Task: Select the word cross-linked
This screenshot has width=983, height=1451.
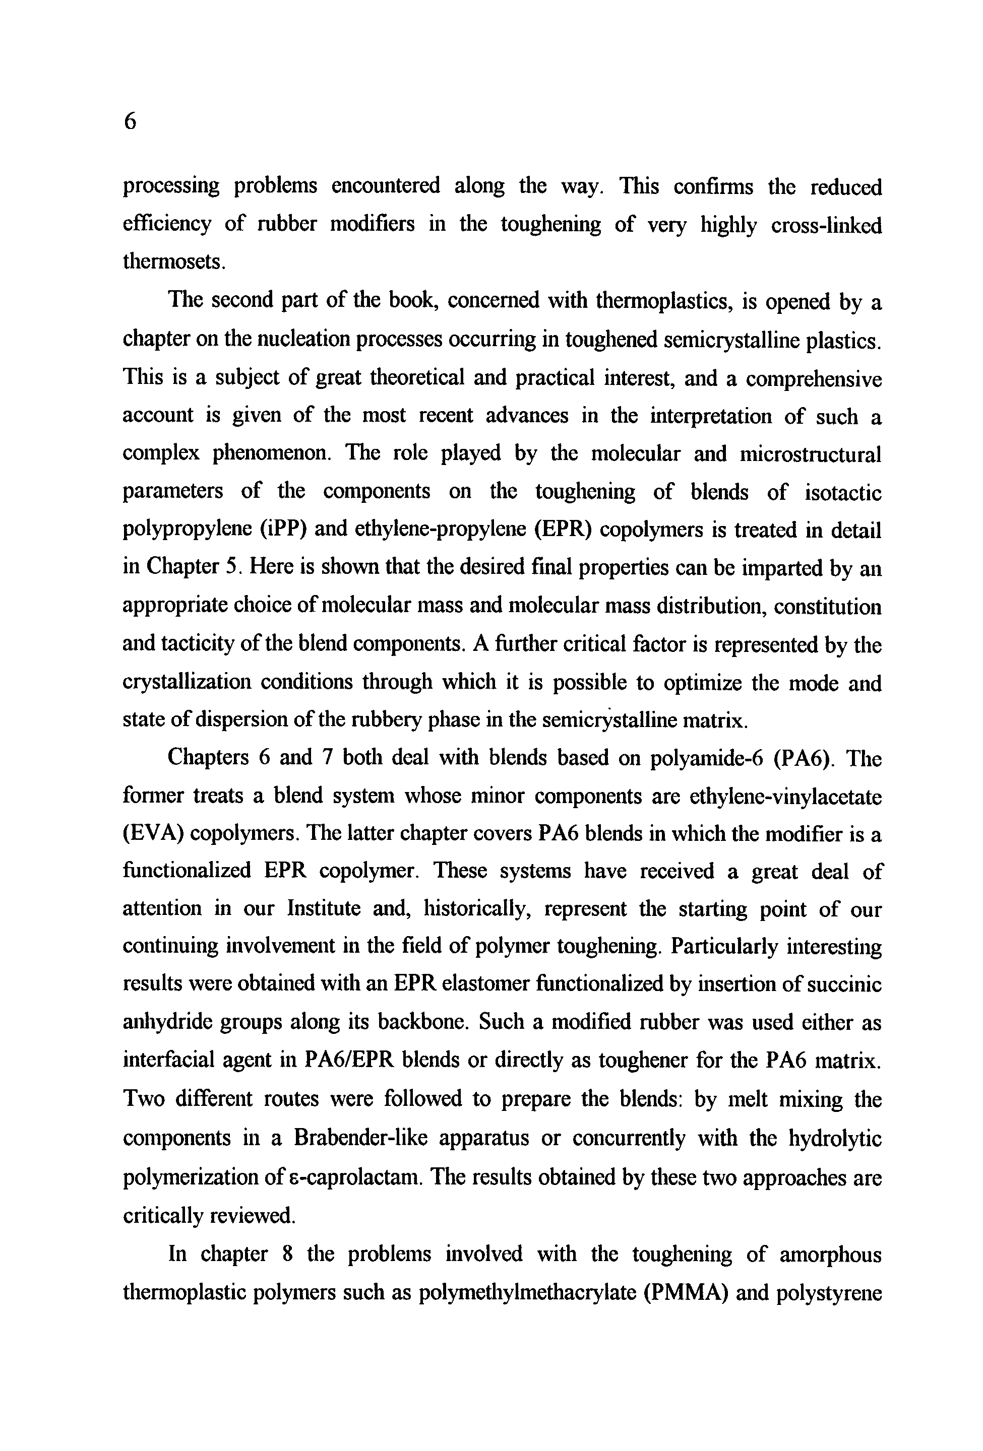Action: pyautogui.click(x=826, y=225)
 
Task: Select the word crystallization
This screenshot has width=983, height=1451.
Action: pyautogui.click(x=187, y=682)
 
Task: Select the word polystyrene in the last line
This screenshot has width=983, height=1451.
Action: pyautogui.click(x=828, y=1291)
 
